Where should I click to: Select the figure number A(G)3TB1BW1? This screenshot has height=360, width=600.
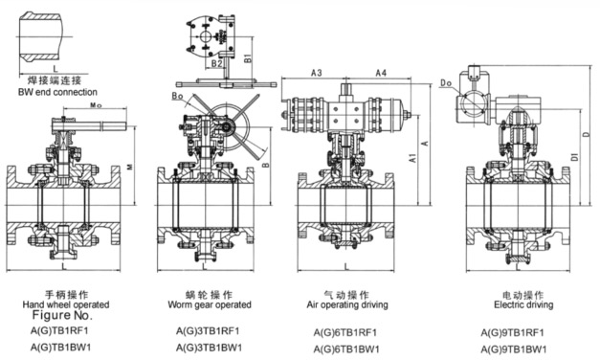pyautogui.click(x=209, y=348)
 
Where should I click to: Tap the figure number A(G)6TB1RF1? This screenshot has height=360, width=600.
pyautogui.click(x=345, y=332)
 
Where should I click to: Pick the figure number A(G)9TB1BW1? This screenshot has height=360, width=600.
pyautogui.click(x=514, y=349)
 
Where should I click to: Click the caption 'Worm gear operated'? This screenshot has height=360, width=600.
pyautogui.click(x=210, y=304)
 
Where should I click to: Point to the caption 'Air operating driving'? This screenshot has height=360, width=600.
pyautogui.click(x=347, y=304)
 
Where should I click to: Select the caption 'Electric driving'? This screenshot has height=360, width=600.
pyautogui.click(x=523, y=304)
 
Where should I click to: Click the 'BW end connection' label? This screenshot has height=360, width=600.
pyautogui.click(x=57, y=92)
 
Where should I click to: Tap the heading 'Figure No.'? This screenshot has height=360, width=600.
pyautogui.click(x=62, y=315)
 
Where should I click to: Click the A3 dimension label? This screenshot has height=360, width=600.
pyautogui.click(x=316, y=73)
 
